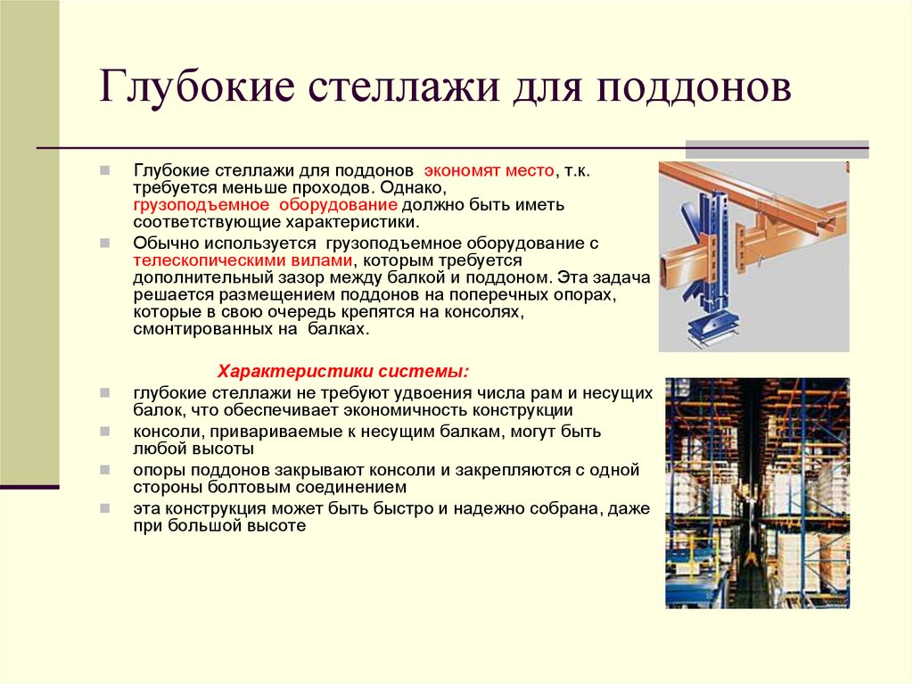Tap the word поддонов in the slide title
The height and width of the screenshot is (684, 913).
coord(694,88)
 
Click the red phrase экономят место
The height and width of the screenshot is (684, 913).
coord(489,170)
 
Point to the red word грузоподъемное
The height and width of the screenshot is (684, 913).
coord(202,205)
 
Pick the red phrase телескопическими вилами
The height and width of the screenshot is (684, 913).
coord(243,260)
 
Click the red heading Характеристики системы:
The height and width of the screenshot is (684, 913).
coord(343,371)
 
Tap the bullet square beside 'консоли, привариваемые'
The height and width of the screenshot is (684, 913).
coord(105,431)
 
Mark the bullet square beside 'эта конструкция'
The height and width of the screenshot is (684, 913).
coord(105,508)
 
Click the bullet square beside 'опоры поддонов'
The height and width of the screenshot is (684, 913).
coord(105,469)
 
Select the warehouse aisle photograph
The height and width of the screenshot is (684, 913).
coord(758,493)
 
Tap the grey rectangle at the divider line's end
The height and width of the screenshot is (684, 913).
coord(777,149)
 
